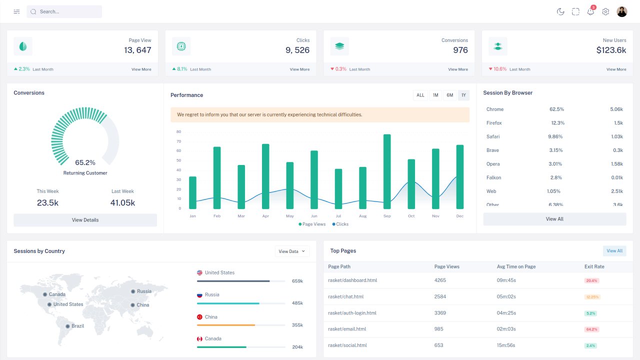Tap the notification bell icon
click(x=590, y=11)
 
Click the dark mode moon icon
click(x=560, y=11)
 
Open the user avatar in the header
click(x=621, y=11)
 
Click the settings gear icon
click(x=605, y=11)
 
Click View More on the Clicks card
click(x=299, y=69)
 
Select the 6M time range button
click(x=449, y=95)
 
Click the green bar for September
click(x=387, y=171)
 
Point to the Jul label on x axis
click(x=338, y=216)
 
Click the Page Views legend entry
click(x=312, y=224)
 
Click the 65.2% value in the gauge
click(x=85, y=162)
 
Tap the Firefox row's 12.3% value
click(x=557, y=123)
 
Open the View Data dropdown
click(x=292, y=251)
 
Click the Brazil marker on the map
click(x=67, y=326)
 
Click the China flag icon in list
click(x=199, y=317)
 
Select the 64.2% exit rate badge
click(x=592, y=329)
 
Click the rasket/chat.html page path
click(x=345, y=296)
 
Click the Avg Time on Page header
click(x=516, y=266)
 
